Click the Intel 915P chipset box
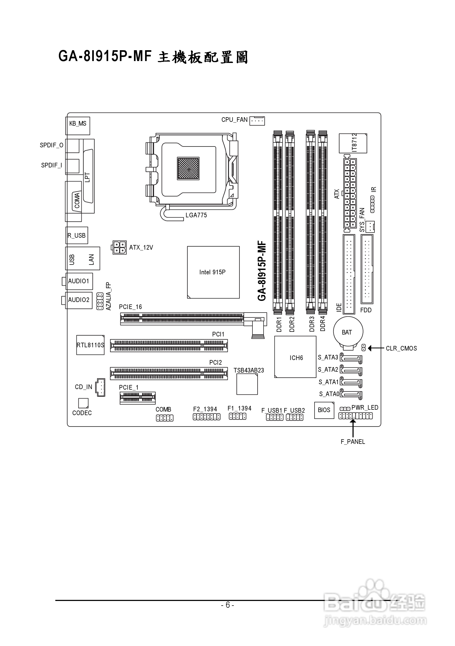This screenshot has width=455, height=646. click(213, 272)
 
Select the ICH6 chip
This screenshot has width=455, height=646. click(295, 357)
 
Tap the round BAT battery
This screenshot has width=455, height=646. click(348, 332)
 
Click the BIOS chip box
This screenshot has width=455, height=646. click(324, 410)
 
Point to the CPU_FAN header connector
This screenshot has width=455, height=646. click(257, 121)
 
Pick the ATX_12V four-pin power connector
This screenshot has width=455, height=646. click(119, 248)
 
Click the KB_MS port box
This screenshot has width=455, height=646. click(78, 126)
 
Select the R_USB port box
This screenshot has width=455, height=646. click(77, 235)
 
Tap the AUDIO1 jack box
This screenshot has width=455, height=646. click(79, 281)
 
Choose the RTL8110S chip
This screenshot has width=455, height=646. click(90, 345)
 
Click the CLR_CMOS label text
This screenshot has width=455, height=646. click(401, 348)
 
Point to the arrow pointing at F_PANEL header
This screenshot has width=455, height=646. click(353, 428)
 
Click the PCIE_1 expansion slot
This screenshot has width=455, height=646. click(137, 398)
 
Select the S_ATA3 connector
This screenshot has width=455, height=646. click(351, 358)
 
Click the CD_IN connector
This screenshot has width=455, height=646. click(100, 387)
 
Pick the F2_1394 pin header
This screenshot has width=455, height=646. click(206, 417)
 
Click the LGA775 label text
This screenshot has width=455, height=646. click(196, 215)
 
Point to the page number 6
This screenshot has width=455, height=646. click(227, 605)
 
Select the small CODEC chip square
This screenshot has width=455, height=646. click(83, 403)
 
